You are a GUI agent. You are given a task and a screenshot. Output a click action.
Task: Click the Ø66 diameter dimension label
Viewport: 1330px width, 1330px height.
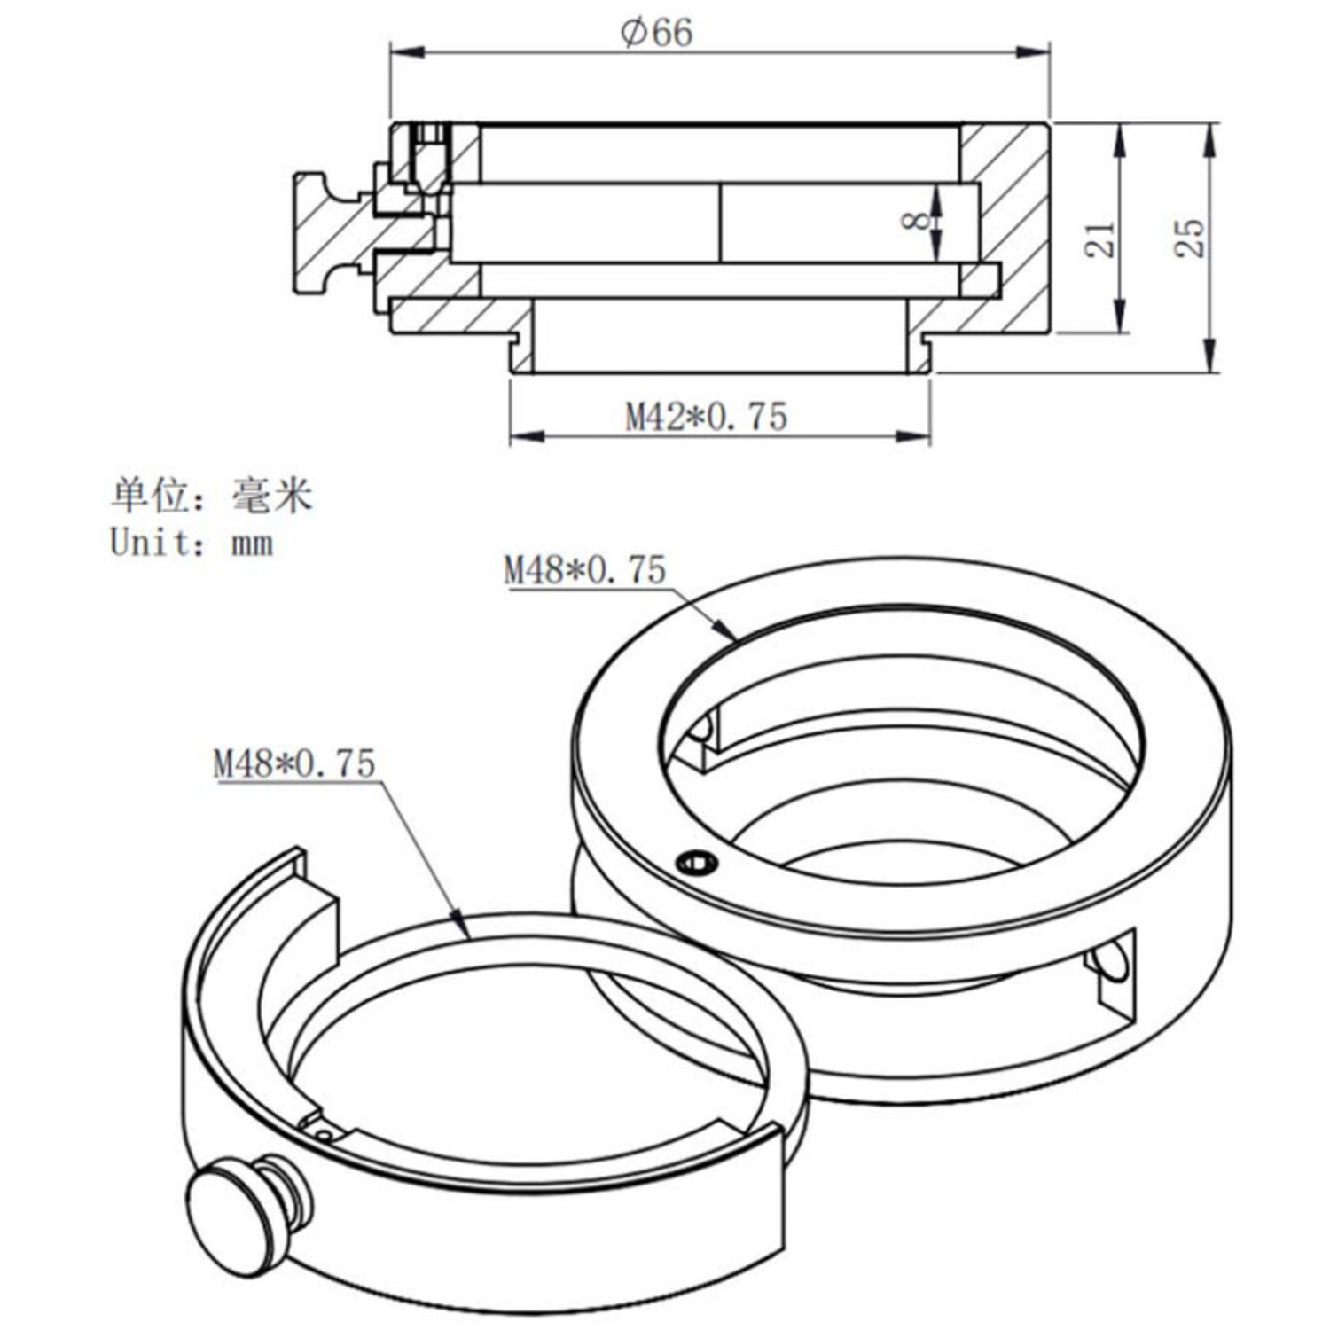(x=657, y=34)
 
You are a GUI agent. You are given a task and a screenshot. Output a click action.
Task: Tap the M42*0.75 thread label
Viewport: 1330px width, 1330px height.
(x=706, y=417)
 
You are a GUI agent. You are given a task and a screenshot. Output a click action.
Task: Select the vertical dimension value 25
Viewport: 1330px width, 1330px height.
(x=1190, y=238)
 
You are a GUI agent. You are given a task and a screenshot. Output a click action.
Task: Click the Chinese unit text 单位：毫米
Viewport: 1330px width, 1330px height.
(x=212, y=497)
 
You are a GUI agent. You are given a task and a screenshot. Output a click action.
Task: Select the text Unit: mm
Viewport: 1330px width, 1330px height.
(x=192, y=543)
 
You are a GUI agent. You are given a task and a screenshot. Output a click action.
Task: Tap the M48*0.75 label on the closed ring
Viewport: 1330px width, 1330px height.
(x=584, y=570)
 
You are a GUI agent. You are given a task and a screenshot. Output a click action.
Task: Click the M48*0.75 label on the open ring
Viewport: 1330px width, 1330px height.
(x=294, y=763)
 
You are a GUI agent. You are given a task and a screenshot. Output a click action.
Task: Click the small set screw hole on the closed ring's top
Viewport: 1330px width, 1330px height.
(x=696, y=861)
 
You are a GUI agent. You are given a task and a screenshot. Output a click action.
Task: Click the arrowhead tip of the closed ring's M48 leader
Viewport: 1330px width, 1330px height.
(x=735, y=638)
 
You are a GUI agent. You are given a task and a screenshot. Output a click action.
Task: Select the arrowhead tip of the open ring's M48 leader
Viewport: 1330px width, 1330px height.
(x=467, y=935)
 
